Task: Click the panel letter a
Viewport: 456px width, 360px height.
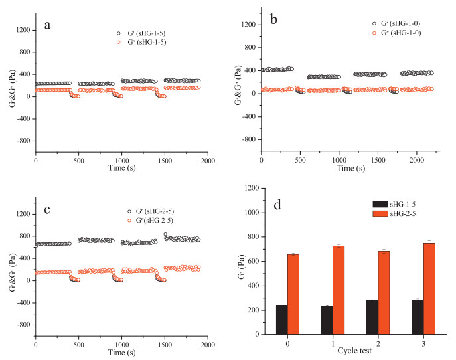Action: [47, 26]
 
